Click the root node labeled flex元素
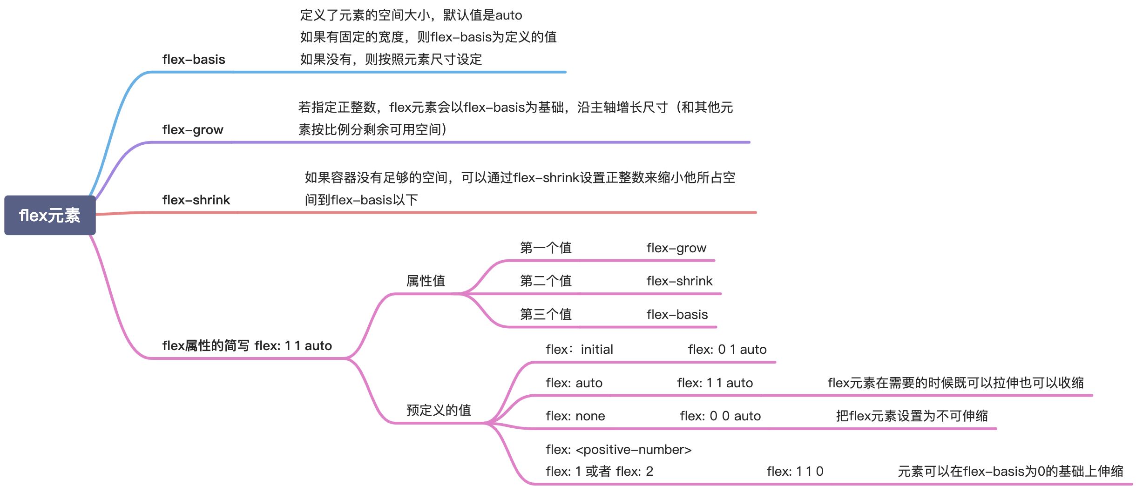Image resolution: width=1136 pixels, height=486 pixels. coord(50,216)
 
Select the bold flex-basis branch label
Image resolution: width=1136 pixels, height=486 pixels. coord(194,60)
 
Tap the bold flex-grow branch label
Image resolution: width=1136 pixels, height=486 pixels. coord(193,130)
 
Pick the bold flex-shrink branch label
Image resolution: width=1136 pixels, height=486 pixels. coord(196,200)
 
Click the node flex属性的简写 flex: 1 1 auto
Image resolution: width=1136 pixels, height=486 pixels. coord(247,346)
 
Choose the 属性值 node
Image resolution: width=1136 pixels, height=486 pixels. coord(426,281)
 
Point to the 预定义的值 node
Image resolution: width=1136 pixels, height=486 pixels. coord(439,410)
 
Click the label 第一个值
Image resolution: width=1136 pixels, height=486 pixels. coord(546,248)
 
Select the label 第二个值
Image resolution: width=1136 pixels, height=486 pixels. coord(546,281)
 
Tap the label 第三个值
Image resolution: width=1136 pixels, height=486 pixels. coord(546,315)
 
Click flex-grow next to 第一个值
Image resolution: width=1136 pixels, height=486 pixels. coord(676,248)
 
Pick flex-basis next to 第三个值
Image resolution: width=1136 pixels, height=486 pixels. coord(677,315)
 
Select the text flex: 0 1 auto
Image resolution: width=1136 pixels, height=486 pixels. coord(727,350)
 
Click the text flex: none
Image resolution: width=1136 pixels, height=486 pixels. coord(575,416)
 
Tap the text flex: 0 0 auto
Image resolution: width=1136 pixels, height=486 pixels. coord(720,416)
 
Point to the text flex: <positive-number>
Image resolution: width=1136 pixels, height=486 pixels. coord(619,450)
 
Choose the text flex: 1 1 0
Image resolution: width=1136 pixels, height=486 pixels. coord(795,472)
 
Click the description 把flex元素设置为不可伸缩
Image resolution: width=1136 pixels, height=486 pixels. coord(912,416)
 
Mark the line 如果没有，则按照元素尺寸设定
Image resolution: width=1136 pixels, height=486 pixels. coord(391,60)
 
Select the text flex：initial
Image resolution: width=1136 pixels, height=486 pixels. coord(579,350)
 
